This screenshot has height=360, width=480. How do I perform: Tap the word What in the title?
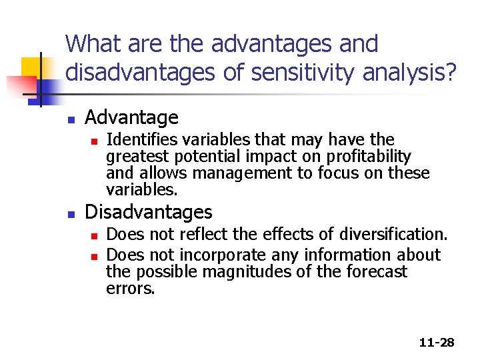[93, 44]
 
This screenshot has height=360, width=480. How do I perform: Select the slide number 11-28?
[437, 342]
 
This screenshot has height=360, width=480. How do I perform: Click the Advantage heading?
[131, 118]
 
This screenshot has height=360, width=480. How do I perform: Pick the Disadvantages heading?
[148, 212]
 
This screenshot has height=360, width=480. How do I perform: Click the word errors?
[130, 289]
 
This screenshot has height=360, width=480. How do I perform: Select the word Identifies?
[139, 140]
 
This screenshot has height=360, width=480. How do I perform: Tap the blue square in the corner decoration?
[50, 87]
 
